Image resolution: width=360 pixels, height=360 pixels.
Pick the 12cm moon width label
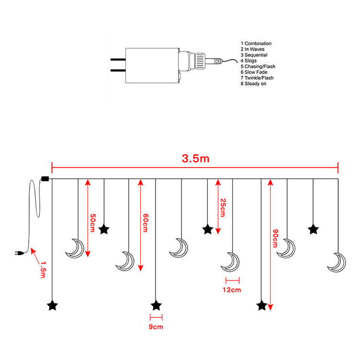(x=232, y=289)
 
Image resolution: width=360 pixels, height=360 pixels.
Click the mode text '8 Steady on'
(x=253, y=84)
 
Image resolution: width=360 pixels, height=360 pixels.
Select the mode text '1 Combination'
(x=256, y=43)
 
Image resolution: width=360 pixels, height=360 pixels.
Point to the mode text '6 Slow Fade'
(x=254, y=72)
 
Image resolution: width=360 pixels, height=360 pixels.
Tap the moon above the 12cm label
(x=230, y=262)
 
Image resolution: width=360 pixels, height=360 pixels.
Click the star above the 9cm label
(x=156, y=305)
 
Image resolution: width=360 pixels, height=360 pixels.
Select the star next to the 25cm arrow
(x=207, y=229)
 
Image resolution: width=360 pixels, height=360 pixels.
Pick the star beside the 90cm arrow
(x=262, y=305)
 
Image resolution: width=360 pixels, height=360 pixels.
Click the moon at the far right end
(x=336, y=262)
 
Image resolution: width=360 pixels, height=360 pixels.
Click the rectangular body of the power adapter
(x=152, y=65)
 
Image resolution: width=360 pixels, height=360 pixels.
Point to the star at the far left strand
(x=52, y=305)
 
